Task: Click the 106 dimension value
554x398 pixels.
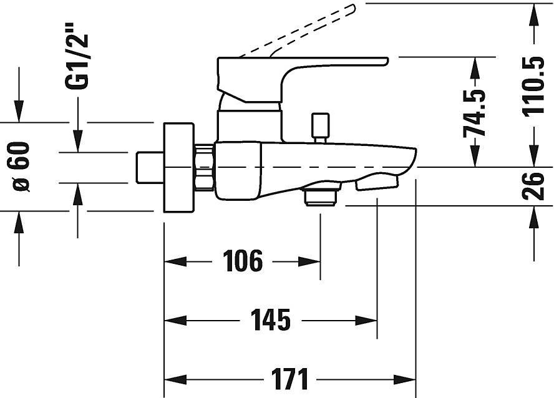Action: (x=243, y=261)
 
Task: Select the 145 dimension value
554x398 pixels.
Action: (x=271, y=320)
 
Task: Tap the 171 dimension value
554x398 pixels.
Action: (x=290, y=379)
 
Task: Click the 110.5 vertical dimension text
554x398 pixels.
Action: (x=533, y=85)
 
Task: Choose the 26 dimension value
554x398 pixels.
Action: (x=535, y=185)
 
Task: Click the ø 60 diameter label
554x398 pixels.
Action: (x=20, y=167)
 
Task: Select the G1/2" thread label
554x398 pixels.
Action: (x=79, y=56)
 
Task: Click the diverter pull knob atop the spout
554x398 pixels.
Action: (x=320, y=127)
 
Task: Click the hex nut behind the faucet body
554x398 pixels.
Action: (x=205, y=167)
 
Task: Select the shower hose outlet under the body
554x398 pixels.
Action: (x=321, y=195)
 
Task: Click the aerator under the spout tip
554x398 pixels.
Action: (x=376, y=183)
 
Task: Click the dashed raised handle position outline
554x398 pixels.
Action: (x=299, y=31)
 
